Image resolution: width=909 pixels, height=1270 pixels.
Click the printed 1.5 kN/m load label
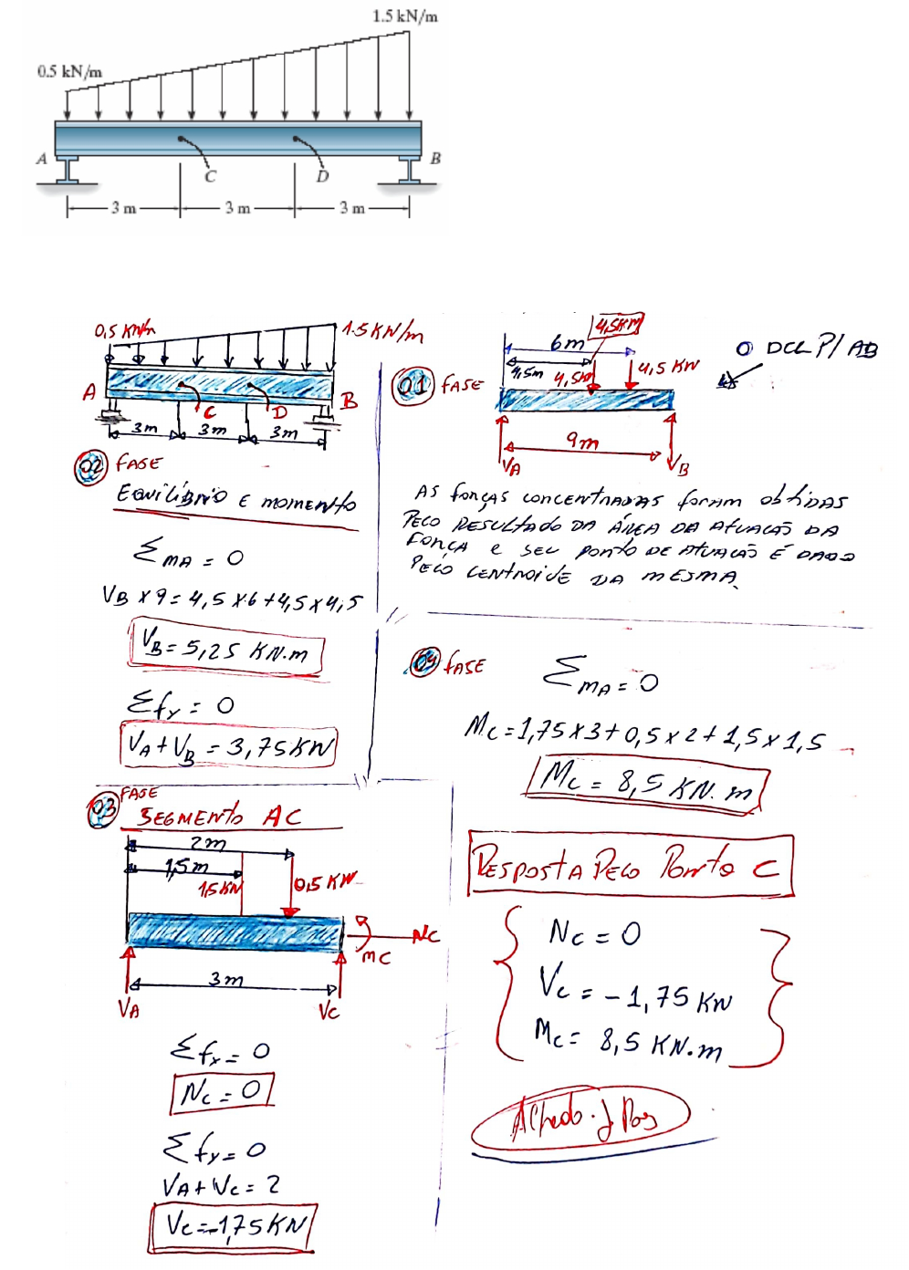(404, 16)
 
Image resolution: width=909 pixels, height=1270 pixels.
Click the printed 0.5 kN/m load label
(69, 71)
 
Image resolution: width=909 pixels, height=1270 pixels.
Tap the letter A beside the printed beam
(41, 159)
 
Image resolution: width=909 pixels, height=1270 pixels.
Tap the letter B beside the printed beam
(435, 158)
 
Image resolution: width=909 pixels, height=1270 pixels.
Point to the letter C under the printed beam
(210, 176)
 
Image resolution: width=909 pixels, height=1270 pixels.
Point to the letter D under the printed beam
(322, 176)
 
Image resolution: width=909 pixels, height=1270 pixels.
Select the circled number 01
(413, 386)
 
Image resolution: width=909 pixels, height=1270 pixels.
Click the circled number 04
(423, 662)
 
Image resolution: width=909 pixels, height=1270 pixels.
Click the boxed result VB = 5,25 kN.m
(226, 649)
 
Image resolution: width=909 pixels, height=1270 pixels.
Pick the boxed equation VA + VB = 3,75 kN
(229, 745)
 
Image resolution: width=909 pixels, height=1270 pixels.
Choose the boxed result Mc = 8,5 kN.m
(645, 781)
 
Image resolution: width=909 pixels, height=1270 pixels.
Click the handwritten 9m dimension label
(582, 442)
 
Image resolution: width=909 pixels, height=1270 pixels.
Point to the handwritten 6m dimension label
(567, 343)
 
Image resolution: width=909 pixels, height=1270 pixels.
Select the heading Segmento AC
(218, 816)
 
